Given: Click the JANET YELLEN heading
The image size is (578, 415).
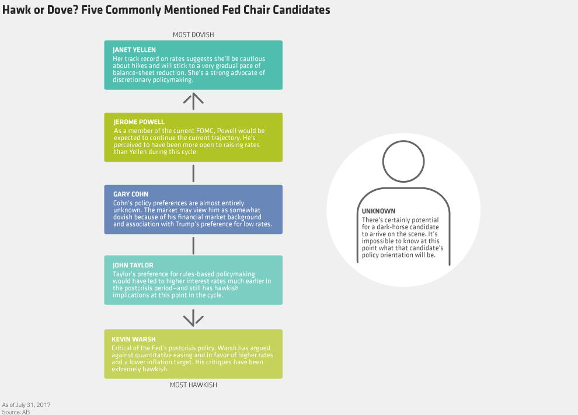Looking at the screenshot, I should [x=134, y=50].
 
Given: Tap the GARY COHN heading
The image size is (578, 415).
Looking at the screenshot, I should [x=131, y=194].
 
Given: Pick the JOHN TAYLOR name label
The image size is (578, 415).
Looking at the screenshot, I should [x=132, y=265].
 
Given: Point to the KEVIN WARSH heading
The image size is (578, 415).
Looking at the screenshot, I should [x=134, y=339].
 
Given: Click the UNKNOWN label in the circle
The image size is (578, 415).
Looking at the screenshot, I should [x=378, y=211].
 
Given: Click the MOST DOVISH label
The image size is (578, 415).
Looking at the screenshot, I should [x=193, y=34].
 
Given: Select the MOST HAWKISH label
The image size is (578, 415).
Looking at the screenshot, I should [x=193, y=385].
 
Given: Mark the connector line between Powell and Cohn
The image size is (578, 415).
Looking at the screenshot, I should [x=193, y=173].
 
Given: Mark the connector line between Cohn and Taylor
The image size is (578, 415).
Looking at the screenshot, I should [x=193, y=245].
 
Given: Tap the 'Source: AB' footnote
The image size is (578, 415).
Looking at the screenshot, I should [x=16, y=411].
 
